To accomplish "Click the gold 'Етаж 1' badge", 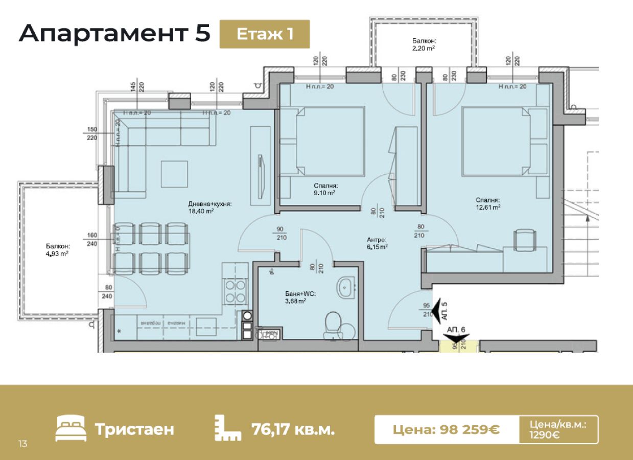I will coord(265,34).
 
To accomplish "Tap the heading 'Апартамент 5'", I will coord(114,33).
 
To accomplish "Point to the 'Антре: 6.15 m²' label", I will coord(377,243).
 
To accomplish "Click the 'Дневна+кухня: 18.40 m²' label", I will coord(210,207).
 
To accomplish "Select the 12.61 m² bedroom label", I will coord(487,203).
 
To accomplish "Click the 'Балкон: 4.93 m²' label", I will coord(57,249).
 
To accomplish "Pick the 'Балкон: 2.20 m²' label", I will coord(424,44).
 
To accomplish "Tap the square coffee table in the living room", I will coord(174,174).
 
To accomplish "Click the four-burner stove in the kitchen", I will coord(235,292).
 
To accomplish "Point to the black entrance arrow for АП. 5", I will coord(438,310).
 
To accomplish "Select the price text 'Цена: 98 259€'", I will coord(446,429).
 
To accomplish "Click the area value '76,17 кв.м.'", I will coord(293,429).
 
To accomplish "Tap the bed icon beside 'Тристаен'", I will coord(71,429).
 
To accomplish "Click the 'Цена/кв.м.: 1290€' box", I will coord(558,429).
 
